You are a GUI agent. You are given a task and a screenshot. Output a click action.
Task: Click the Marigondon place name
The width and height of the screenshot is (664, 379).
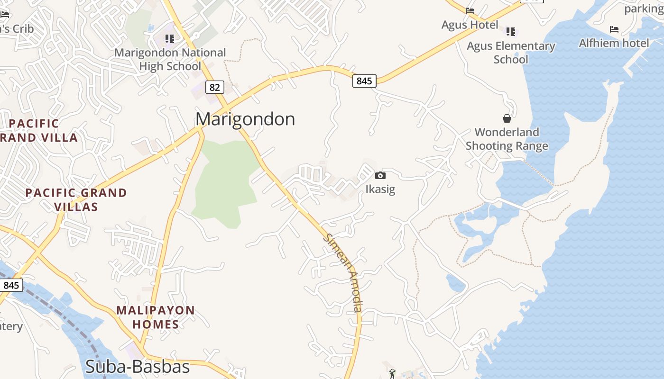[245, 119]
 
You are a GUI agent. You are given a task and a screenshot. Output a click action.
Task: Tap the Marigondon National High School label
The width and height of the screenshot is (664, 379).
[170, 59]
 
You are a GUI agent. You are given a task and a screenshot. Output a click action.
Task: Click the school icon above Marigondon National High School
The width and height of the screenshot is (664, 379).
[169, 38]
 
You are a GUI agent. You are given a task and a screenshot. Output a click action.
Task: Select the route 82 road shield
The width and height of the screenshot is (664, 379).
[214, 87]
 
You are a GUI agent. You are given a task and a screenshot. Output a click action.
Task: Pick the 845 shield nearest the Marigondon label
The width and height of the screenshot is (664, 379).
[364, 81]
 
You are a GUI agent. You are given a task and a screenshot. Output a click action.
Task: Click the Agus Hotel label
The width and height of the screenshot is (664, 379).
[470, 25]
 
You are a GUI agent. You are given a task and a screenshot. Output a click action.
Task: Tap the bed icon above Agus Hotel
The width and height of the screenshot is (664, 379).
[470, 11]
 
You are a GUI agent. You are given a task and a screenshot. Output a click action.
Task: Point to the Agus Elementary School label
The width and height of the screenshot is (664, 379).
[511, 53]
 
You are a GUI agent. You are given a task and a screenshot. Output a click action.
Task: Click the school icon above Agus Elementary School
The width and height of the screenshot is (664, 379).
[510, 32]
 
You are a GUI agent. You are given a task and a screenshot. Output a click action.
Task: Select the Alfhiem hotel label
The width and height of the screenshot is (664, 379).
[614, 43]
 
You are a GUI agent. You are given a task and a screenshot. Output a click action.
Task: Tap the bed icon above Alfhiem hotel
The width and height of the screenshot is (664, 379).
[614, 29]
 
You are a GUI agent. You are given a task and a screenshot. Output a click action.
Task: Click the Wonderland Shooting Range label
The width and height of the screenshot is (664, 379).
[507, 139]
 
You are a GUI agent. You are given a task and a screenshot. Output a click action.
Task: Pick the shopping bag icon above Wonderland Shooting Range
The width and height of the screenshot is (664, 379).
[507, 118]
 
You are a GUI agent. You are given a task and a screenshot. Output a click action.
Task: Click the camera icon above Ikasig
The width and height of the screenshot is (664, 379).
[380, 176]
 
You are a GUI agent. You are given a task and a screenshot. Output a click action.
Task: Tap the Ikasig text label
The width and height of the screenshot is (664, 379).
[380, 189]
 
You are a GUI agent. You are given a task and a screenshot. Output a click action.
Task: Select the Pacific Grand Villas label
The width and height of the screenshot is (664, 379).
[76, 199]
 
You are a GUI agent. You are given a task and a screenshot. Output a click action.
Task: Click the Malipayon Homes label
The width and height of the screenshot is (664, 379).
[156, 317]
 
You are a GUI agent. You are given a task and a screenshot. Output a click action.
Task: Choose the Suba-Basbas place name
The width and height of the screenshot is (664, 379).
[138, 367]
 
